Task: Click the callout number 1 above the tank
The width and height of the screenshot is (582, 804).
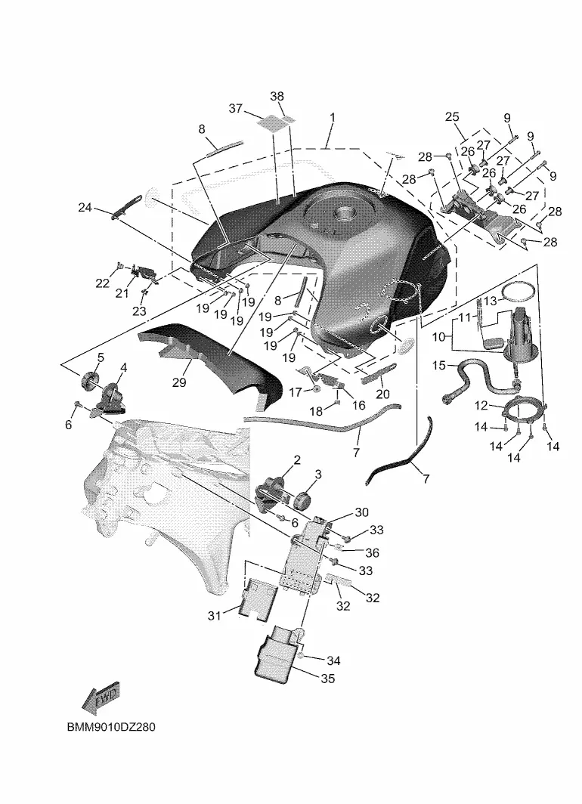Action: pyautogui.click(x=331, y=118)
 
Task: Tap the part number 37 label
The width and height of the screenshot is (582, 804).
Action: pyautogui.click(x=236, y=109)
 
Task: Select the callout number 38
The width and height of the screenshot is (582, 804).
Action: pyautogui.click(x=277, y=96)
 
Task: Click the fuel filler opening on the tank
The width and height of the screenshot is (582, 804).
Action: pyautogui.click(x=349, y=215)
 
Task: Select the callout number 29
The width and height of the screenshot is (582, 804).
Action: pyautogui.click(x=179, y=383)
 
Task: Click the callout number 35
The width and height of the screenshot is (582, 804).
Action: pyautogui.click(x=327, y=679)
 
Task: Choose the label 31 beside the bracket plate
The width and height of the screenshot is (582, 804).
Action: pyautogui.click(x=214, y=616)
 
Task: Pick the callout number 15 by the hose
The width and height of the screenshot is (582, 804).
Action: pyautogui.click(x=439, y=366)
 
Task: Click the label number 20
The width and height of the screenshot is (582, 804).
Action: pyautogui.click(x=382, y=394)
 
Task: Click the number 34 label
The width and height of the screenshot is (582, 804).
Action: pyautogui.click(x=333, y=660)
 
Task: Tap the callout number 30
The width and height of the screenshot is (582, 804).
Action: pyautogui.click(x=361, y=512)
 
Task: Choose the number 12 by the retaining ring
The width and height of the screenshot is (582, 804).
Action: pyautogui.click(x=481, y=406)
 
